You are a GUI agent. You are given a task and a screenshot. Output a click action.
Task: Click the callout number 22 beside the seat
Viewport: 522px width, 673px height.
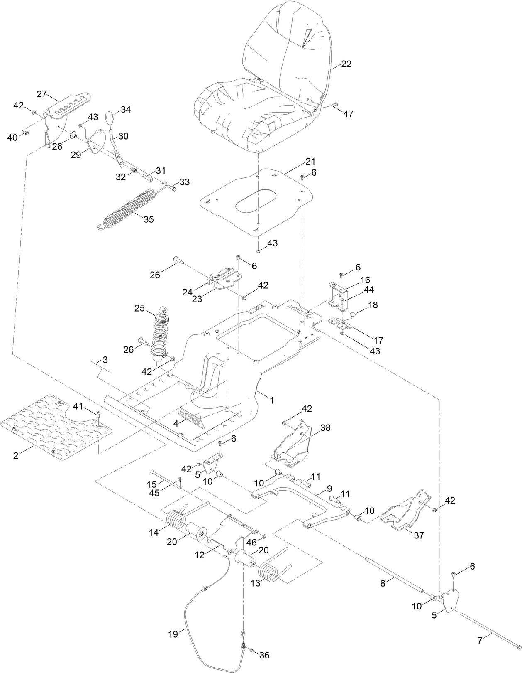[346, 64]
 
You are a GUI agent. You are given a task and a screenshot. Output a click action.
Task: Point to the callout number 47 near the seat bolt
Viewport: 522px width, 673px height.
[348, 113]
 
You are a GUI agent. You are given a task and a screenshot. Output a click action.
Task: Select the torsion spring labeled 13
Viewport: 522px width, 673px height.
[275, 571]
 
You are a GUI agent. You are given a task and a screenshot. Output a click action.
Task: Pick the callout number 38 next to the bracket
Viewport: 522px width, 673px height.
[325, 427]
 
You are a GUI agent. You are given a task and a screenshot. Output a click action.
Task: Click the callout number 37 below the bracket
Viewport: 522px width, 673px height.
[419, 535]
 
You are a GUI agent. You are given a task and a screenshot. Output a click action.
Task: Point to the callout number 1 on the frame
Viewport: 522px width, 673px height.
[271, 400]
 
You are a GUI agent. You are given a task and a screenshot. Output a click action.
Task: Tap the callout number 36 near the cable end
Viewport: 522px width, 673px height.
[264, 655]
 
